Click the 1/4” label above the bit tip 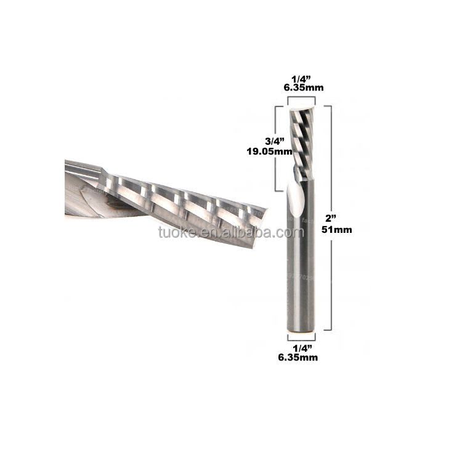click(302, 78)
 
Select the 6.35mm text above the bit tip click(302, 87)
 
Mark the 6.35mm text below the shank click(301, 357)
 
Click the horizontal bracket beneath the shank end click(301, 337)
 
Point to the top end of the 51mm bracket click(327, 106)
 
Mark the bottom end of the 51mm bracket click(327, 331)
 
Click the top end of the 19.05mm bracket click(277, 106)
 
